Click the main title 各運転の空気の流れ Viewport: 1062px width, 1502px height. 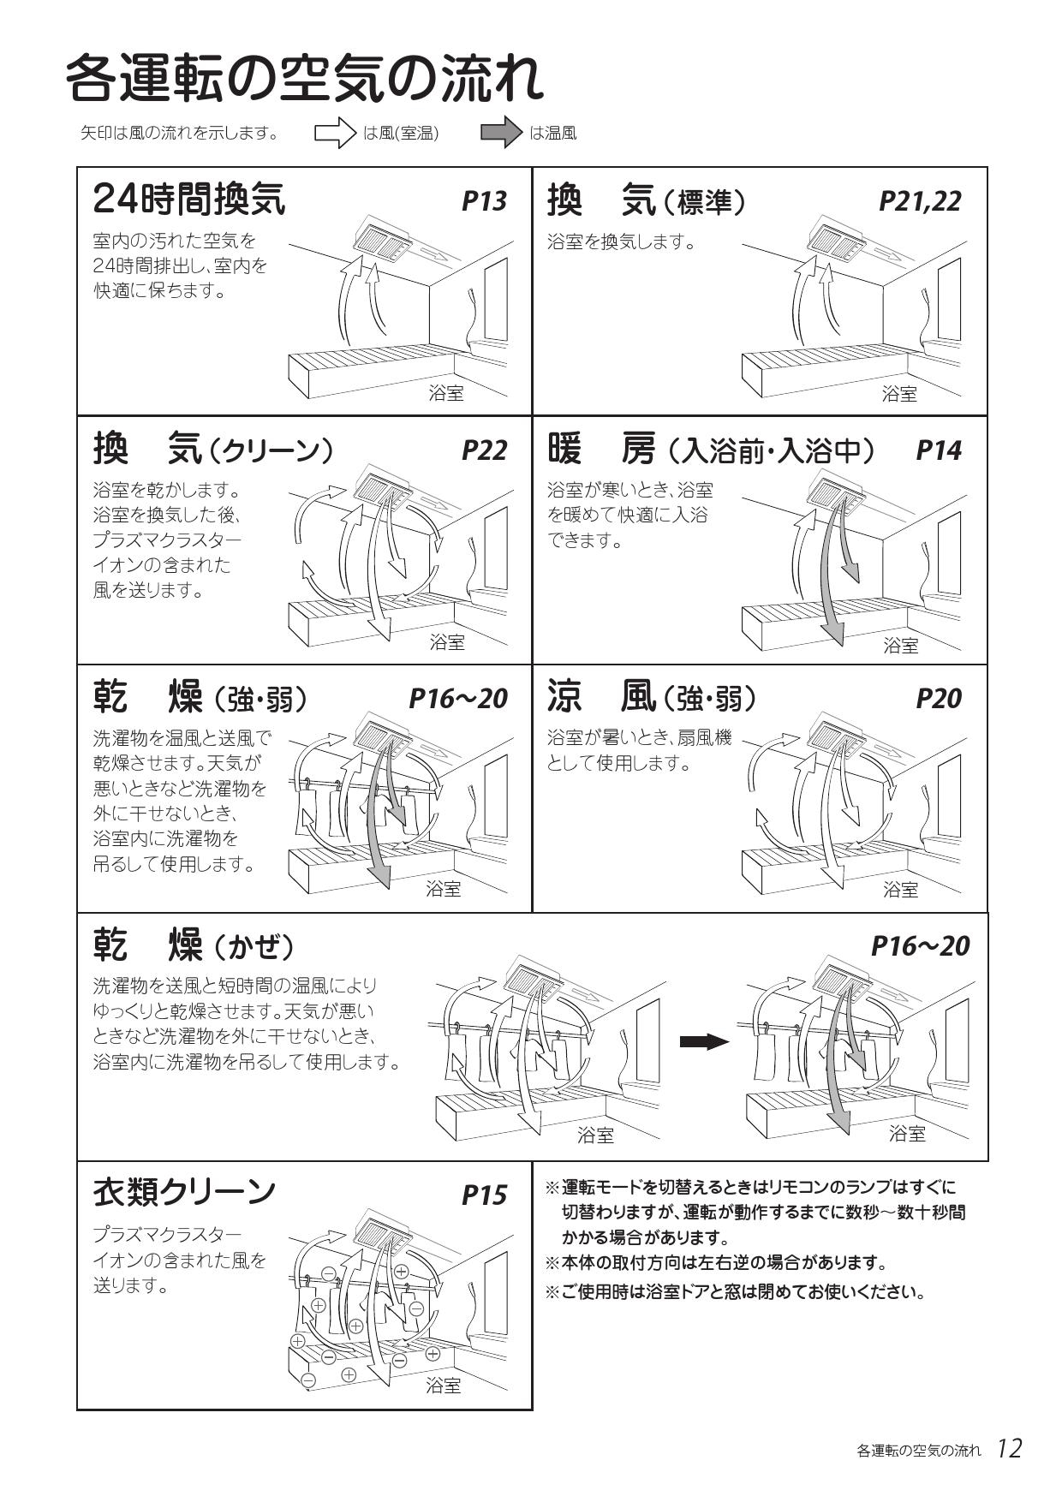(x=304, y=79)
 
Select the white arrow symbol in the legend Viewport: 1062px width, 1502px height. (x=335, y=134)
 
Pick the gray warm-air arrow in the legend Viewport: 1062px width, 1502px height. (x=501, y=133)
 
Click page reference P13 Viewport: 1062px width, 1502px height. (x=484, y=201)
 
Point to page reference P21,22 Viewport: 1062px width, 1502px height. (x=920, y=201)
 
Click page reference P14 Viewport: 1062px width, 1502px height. (x=939, y=450)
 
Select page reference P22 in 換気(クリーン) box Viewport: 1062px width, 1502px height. (x=484, y=450)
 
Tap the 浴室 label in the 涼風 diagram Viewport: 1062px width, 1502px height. (x=900, y=889)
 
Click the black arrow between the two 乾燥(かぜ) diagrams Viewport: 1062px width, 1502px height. (x=704, y=1042)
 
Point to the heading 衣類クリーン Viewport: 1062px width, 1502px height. (x=184, y=1191)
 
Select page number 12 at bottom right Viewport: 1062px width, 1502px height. (x=1009, y=1449)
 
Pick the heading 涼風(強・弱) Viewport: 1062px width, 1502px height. (x=653, y=699)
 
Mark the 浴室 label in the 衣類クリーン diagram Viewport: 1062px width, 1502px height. (x=444, y=1386)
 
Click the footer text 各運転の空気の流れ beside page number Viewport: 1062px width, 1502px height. (x=918, y=1451)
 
